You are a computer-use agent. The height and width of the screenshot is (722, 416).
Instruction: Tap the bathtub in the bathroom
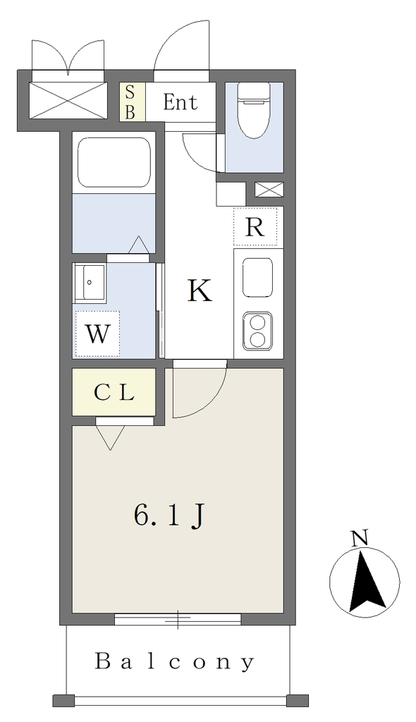(115, 162)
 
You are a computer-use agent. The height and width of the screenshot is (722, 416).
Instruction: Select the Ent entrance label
(180, 102)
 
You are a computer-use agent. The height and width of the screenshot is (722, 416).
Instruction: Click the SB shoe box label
(130, 102)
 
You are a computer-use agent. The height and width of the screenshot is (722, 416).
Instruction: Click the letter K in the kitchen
(200, 291)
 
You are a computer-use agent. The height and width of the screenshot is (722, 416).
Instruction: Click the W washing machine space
(98, 334)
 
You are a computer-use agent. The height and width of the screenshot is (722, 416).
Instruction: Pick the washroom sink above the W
(90, 283)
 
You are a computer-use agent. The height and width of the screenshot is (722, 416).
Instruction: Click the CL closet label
(114, 393)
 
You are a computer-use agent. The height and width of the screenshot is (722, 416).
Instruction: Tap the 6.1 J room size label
(169, 516)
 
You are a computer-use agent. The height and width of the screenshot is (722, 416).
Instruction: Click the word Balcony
(175, 661)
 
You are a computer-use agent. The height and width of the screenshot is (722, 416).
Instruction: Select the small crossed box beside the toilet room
(269, 189)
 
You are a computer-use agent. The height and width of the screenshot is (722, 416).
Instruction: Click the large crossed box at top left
(68, 100)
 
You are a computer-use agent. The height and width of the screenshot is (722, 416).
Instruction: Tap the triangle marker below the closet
(110, 437)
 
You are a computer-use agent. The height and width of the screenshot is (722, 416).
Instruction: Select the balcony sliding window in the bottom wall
(178, 619)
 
